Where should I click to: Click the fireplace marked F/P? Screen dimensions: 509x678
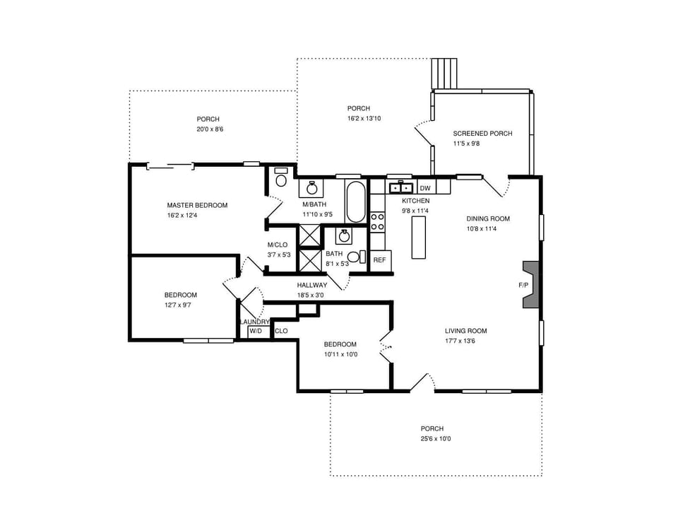tap(530, 285)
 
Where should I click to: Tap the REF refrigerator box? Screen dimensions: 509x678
tap(380, 260)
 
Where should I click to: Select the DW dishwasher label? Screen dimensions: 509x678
tap(425, 188)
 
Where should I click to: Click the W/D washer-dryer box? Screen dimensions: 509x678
tap(255, 331)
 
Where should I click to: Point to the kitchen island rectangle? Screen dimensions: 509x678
tap(420, 238)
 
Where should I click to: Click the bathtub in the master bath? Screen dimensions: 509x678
tap(355, 202)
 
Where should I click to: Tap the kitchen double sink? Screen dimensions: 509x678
tap(400, 187)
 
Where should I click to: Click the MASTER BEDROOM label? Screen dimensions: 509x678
tap(197, 205)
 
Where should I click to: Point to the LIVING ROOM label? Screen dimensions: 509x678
tap(465, 331)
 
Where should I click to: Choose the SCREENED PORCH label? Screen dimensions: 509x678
tap(482, 134)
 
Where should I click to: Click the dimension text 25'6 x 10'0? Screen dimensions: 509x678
tap(435, 439)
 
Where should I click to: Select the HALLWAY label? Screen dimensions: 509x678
tap(311, 285)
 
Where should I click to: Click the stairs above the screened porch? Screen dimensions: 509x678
tap(446, 73)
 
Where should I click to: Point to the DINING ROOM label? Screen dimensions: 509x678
tap(487, 218)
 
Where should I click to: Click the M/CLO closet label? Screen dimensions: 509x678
tap(278, 245)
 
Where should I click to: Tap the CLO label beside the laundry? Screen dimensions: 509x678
tap(280, 331)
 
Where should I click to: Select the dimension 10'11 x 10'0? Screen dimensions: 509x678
tap(340, 354)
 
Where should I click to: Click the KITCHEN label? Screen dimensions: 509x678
tap(415, 201)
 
